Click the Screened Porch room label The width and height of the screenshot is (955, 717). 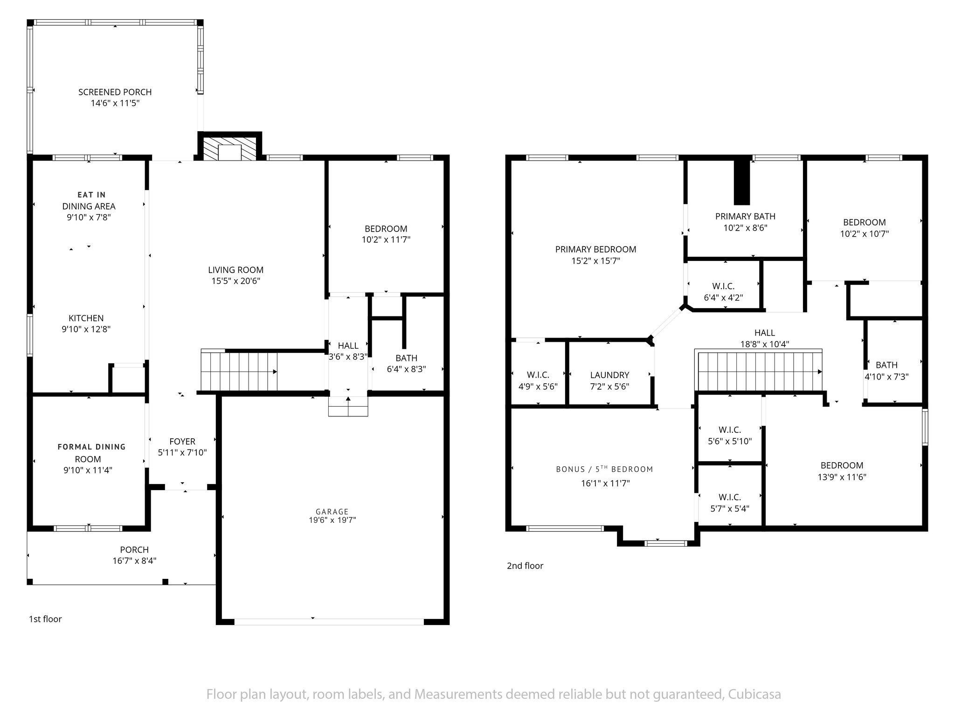pyautogui.click(x=115, y=92)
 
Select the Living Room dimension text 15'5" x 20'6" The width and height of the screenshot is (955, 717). pyautogui.click(x=235, y=281)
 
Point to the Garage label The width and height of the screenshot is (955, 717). pyautogui.click(x=332, y=512)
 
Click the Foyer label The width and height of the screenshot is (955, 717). pyautogui.click(x=182, y=441)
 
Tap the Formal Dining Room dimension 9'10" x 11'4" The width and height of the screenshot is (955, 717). pyautogui.click(x=88, y=470)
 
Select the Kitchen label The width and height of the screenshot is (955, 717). pyautogui.click(x=86, y=318)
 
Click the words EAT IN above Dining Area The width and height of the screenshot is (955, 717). pyautogui.click(x=91, y=195)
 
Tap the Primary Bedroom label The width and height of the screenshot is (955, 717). pyautogui.click(x=595, y=249)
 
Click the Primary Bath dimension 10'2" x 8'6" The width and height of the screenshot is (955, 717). pyautogui.click(x=745, y=228)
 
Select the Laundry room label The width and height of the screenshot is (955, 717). pyautogui.click(x=609, y=375)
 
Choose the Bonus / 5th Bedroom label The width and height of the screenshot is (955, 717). pyautogui.click(x=604, y=469)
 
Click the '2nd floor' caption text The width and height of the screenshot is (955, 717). pyautogui.click(x=525, y=566)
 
